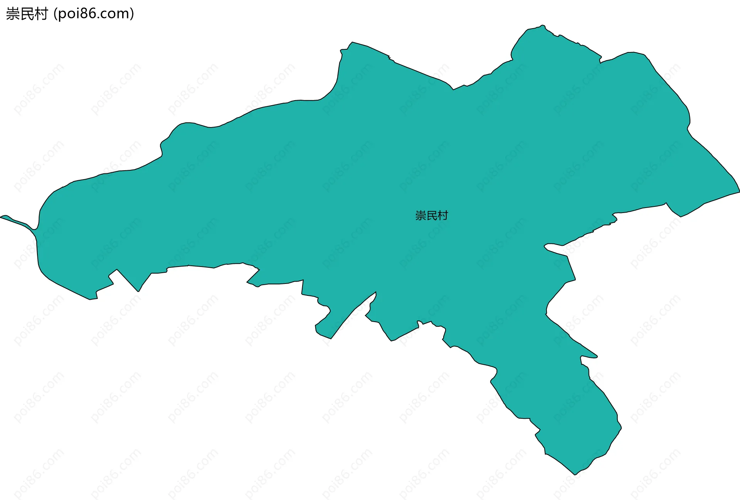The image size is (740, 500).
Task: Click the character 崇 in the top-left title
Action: tap(13, 14)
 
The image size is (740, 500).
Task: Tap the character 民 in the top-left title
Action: tap(27, 14)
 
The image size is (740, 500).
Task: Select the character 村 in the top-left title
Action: tap(41, 14)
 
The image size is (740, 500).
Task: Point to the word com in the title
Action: tap(116, 14)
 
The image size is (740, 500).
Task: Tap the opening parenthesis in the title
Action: tap(55, 14)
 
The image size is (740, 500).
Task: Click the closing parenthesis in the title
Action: tap(132, 14)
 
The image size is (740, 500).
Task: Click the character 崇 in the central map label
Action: tap(420, 216)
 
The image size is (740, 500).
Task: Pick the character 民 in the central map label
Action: tap(432, 216)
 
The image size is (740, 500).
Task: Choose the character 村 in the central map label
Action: tap(443, 216)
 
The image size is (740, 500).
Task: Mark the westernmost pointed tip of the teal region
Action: tap(1, 217)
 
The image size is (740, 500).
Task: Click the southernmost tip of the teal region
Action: tap(575, 474)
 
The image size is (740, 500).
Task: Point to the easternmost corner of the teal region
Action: tap(739, 191)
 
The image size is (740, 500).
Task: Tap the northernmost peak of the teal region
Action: tap(542, 25)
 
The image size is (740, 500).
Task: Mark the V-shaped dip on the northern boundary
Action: tap(453, 89)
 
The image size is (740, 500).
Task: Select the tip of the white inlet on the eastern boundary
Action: tap(545, 245)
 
